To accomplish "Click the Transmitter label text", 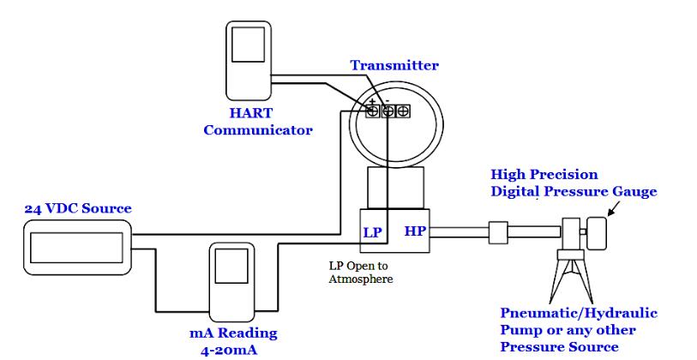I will (394, 65).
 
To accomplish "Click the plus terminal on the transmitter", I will (373, 111).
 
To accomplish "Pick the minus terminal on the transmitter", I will (388, 111).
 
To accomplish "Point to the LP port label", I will (373, 232).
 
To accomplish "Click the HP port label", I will (416, 232).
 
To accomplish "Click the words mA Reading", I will (233, 333).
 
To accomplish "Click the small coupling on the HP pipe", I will (499, 231).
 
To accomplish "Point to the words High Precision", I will (544, 175).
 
